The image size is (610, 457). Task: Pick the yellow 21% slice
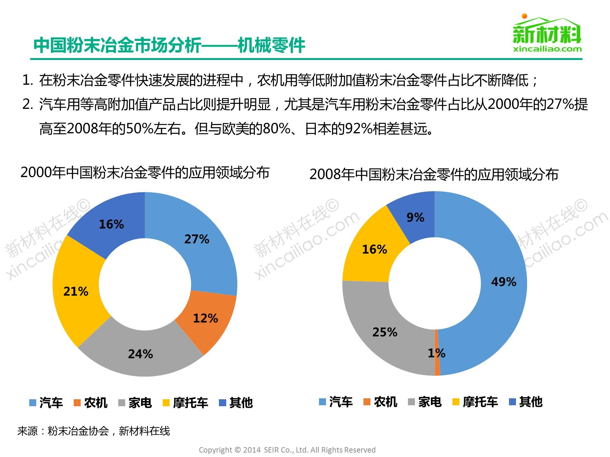(76, 292)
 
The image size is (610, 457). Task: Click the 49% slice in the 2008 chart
(504, 282)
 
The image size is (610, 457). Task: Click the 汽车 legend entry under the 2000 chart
(46, 403)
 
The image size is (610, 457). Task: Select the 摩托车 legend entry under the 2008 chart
(475, 402)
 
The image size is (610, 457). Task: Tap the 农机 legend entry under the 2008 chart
(381, 402)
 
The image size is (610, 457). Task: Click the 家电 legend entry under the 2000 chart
(135, 403)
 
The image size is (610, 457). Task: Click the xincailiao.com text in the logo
(547, 49)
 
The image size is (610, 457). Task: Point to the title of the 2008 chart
(434, 174)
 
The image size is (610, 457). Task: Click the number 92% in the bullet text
(359, 129)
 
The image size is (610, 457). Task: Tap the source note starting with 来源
(94, 431)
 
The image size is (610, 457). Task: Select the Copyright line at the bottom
(287, 450)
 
